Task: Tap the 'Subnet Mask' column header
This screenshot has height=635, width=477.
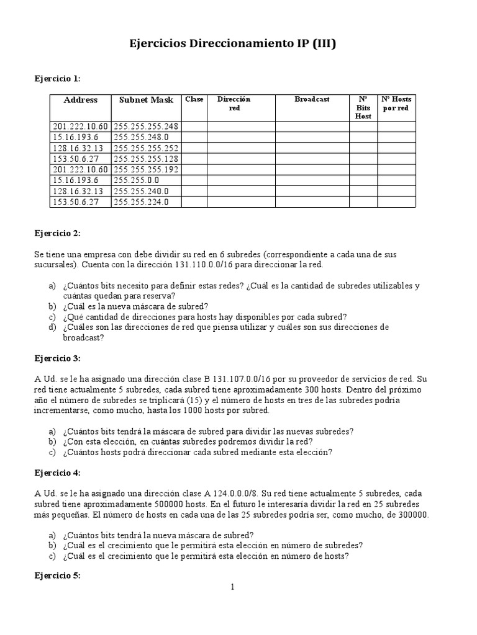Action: (x=146, y=100)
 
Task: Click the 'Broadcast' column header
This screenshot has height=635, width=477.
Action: (x=312, y=99)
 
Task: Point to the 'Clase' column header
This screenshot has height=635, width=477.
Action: (x=194, y=99)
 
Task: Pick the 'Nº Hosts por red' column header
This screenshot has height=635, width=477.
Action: (x=396, y=104)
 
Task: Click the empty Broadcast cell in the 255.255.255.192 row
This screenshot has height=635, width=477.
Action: (x=312, y=170)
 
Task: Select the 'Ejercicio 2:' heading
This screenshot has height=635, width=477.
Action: (x=57, y=233)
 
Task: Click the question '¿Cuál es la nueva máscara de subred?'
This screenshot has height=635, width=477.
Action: (x=135, y=306)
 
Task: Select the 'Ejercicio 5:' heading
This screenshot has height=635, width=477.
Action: (x=57, y=575)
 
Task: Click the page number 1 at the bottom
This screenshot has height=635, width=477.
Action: (x=232, y=587)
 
